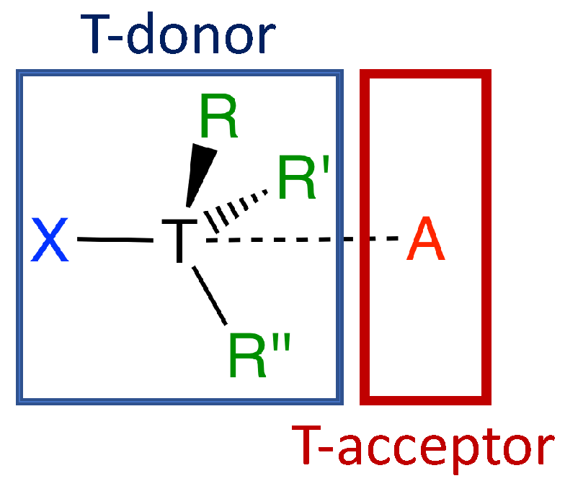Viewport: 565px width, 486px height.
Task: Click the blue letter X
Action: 50,241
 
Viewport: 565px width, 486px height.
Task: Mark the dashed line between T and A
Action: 303,239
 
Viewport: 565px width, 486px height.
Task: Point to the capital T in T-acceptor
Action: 306,446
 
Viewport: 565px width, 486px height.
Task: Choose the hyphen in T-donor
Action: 125,40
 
